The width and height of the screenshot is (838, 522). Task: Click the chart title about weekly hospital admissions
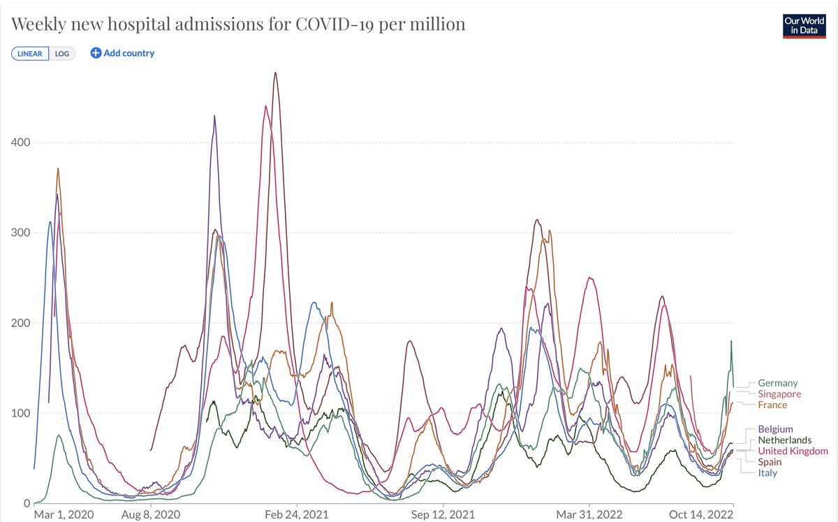pyautogui.click(x=237, y=24)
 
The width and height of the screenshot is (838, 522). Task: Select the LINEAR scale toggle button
pyautogui.click(x=30, y=54)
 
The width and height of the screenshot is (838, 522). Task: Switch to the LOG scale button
pyautogui.click(x=62, y=54)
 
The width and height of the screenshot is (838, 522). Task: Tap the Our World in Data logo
pyautogui.click(x=804, y=26)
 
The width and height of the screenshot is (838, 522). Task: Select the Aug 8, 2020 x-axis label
pyautogui.click(x=151, y=514)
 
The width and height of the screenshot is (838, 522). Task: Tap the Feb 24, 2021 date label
pyautogui.click(x=297, y=514)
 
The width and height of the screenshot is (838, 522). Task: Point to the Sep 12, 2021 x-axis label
pyautogui.click(x=443, y=514)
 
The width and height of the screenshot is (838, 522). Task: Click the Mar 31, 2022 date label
pyautogui.click(x=590, y=514)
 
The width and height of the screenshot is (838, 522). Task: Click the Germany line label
pyautogui.click(x=777, y=383)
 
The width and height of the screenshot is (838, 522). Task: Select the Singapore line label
pyautogui.click(x=779, y=394)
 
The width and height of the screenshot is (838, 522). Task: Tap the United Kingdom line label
pyautogui.click(x=793, y=451)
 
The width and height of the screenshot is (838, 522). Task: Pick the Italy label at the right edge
pyautogui.click(x=767, y=473)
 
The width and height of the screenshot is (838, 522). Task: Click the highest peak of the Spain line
pyautogui.click(x=276, y=73)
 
